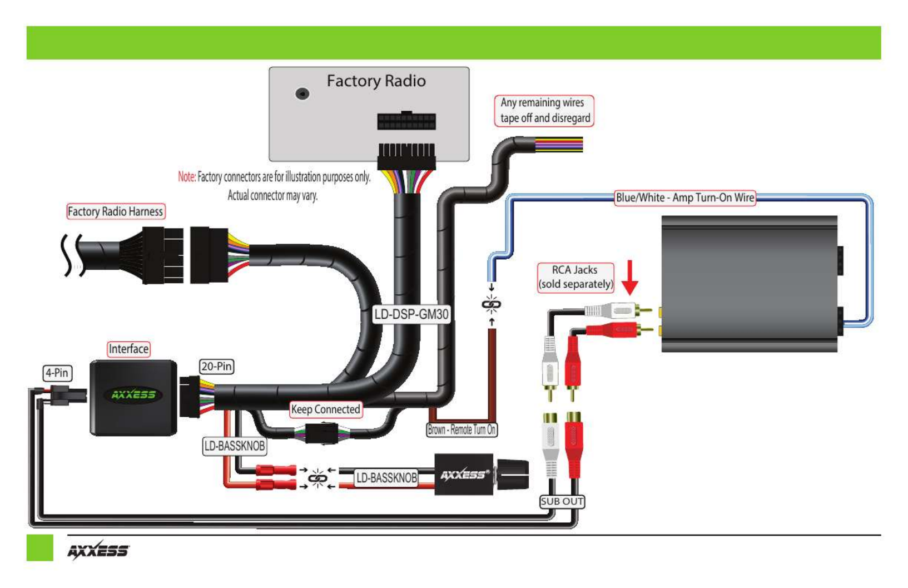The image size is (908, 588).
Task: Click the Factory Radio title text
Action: [376, 81]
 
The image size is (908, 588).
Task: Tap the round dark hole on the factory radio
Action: [302, 93]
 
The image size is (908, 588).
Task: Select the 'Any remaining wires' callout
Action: [544, 111]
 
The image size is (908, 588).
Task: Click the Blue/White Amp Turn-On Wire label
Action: [685, 198]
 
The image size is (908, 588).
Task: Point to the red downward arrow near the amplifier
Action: [629, 278]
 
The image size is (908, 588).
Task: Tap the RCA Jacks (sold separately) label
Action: [575, 278]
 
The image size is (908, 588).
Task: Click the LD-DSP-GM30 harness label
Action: [411, 314]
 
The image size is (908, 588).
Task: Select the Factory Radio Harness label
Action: [116, 211]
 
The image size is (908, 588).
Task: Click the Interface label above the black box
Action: [128, 349]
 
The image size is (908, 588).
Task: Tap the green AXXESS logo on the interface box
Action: [133, 394]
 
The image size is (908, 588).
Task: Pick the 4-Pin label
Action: [58, 373]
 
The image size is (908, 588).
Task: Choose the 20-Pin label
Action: [216, 367]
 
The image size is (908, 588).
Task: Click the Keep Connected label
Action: [326, 409]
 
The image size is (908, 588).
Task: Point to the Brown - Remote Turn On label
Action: [462, 429]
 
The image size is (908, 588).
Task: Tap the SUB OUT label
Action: [562, 502]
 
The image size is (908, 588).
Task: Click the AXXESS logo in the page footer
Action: [98, 550]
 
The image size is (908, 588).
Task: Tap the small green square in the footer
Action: [39, 548]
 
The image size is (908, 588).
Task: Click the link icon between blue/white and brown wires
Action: [492, 304]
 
